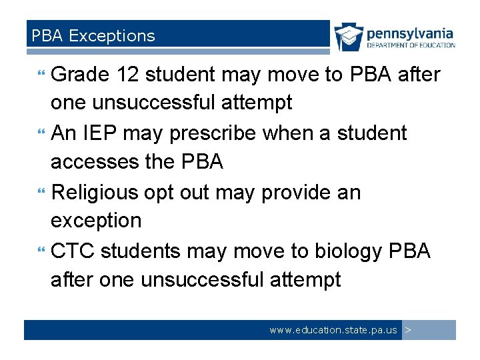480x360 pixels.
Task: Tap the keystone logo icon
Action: point(349,37)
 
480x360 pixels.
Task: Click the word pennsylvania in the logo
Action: point(410,33)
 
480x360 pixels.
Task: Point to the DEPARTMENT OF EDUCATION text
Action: point(411,45)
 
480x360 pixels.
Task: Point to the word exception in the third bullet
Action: point(96,221)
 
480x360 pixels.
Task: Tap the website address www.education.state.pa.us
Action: point(333,330)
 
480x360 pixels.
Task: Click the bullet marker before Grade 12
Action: point(43,75)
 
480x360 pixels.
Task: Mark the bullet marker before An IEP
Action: point(43,133)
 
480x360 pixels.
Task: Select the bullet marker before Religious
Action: point(43,193)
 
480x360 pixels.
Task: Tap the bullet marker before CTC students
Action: point(43,251)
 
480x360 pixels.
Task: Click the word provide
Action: point(295,192)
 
